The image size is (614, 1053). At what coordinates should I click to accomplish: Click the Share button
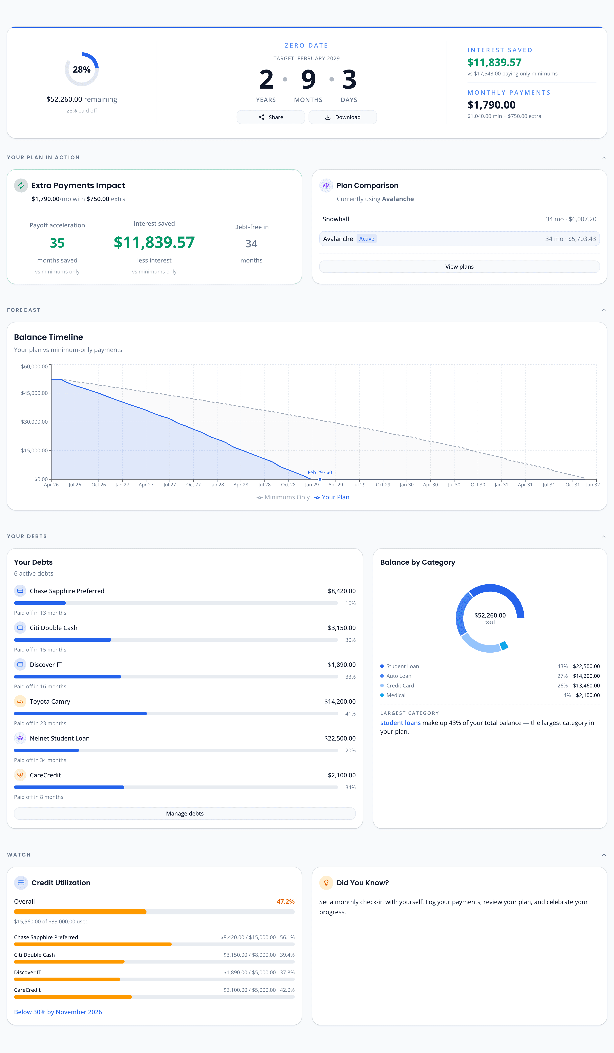click(x=270, y=117)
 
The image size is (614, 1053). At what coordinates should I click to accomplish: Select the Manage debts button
click(x=185, y=814)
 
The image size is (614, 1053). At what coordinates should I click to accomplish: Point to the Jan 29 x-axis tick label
click(x=312, y=485)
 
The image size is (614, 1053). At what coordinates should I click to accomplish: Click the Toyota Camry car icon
click(x=20, y=701)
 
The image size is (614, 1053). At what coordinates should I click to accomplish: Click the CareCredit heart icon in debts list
click(x=20, y=775)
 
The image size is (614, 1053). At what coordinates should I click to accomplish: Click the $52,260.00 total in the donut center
click(x=490, y=616)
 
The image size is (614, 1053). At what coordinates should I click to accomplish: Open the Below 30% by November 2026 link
click(x=58, y=1012)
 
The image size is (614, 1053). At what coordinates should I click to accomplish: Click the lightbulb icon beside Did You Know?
click(x=326, y=883)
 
